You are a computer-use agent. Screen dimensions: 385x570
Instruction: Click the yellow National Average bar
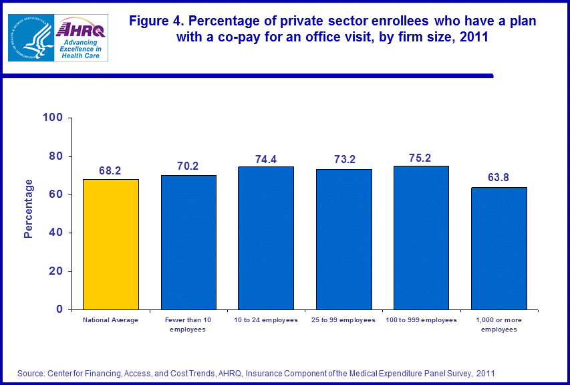click(110, 244)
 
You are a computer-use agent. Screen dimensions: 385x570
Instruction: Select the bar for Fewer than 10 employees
click(188, 242)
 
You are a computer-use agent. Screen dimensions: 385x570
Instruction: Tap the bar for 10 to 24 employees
click(266, 238)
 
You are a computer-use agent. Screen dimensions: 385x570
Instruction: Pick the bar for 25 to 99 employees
click(343, 239)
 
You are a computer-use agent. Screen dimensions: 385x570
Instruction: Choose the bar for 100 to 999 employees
click(421, 237)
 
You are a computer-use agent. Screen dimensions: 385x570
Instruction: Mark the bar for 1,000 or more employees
click(498, 248)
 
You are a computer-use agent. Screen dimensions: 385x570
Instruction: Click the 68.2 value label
click(110, 171)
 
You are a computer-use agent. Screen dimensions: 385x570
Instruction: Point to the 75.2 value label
click(421, 158)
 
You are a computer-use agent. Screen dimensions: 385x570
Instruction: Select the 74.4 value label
click(266, 160)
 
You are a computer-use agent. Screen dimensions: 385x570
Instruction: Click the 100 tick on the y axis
click(53, 118)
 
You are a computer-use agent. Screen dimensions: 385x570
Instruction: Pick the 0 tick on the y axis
click(59, 309)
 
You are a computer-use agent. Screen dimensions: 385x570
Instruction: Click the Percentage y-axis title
click(28, 209)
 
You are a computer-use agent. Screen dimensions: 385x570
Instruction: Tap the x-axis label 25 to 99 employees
click(343, 320)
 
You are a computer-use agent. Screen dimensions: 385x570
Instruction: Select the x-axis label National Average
click(110, 320)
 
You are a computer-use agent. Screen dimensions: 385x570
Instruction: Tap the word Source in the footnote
click(31, 372)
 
